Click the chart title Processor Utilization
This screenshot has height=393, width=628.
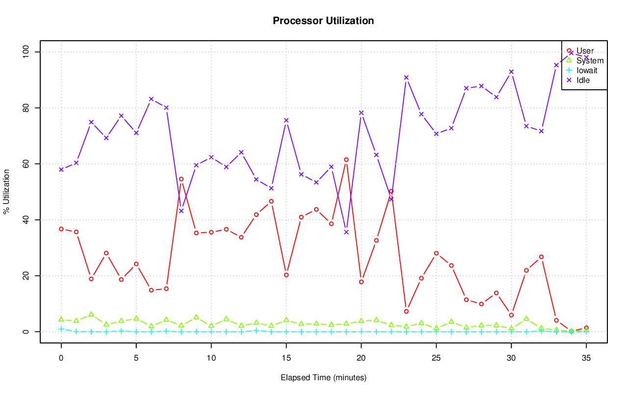tap(323, 21)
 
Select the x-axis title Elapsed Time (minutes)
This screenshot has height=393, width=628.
tap(323, 378)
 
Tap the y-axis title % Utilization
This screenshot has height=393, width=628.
tap(6, 192)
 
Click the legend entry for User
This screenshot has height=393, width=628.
tap(585, 51)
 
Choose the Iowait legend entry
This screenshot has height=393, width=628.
tap(587, 70)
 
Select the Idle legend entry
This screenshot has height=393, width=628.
tap(583, 80)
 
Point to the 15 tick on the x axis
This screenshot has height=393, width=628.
tap(286, 359)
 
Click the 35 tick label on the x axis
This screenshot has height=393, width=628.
tap(586, 359)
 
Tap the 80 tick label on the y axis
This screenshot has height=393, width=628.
tap(26, 107)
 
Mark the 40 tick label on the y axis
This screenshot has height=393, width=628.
tap(26, 219)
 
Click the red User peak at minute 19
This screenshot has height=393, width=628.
tap(346, 159)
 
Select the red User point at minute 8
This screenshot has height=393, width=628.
tap(181, 179)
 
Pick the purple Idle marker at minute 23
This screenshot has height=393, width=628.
tap(406, 78)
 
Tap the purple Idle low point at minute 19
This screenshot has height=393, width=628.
tap(346, 232)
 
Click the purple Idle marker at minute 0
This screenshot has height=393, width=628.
tap(61, 170)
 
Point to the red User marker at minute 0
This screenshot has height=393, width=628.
tap(61, 229)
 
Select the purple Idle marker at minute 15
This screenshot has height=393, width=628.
tap(286, 120)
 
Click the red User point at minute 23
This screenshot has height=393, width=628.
tap(406, 311)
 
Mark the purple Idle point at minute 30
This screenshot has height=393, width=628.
tap(511, 72)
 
